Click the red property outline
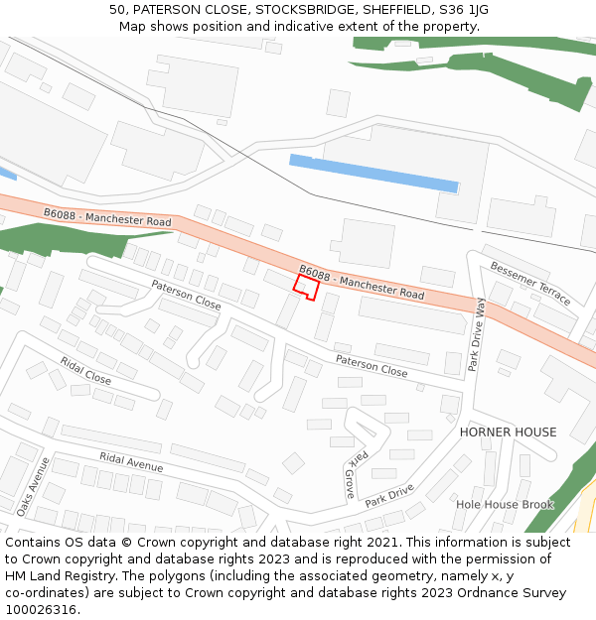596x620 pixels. pyautogui.click(x=306, y=288)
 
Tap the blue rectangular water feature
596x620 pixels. pyautogui.click(x=373, y=173)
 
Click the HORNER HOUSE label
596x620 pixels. pyautogui.click(x=508, y=433)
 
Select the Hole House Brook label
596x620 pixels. pyautogui.click(x=505, y=505)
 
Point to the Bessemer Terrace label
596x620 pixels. pyautogui.click(x=531, y=283)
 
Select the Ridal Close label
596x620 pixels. pyautogui.click(x=85, y=371)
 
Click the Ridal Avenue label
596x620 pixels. pyautogui.click(x=131, y=462)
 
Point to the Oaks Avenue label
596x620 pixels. pyautogui.click(x=33, y=486)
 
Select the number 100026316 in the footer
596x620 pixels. pyautogui.click(x=40, y=609)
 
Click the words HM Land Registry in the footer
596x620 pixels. pyautogui.click(x=60, y=575)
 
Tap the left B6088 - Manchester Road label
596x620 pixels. pyautogui.click(x=107, y=217)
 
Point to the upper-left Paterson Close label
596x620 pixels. pyautogui.click(x=186, y=295)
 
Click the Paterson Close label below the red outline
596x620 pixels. pyautogui.click(x=372, y=366)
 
